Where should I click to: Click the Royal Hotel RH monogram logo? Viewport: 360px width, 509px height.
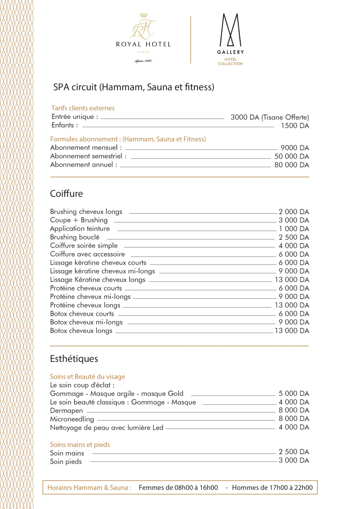click(x=143, y=29)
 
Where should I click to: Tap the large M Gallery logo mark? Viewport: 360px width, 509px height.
click(x=230, y=30)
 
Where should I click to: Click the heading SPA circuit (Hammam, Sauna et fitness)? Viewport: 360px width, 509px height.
click(x=134, y=87)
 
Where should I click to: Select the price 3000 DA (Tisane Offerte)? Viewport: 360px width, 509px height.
click(x=270, y=117)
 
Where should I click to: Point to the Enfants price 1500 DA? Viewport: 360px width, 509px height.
click(x=295, y=126)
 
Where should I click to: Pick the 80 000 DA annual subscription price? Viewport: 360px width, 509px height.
click(x=292, y=165)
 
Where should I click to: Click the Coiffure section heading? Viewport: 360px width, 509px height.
click(x=67, y=194)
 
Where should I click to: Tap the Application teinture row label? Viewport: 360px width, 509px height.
click(x=80, y=229)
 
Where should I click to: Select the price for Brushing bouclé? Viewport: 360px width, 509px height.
click(x=294, y=237)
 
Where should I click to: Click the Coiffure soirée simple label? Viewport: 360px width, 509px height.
click(x=84, y=246)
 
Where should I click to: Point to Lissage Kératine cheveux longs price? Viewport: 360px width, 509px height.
click(x=292, y=280)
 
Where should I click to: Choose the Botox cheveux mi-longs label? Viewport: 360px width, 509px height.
click(x=86, y=322)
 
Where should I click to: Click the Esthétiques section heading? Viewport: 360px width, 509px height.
click(x=74, y=359)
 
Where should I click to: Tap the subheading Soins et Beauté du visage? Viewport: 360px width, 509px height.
click(x=88, y=377)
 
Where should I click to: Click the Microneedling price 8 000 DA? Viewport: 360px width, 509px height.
click(x=294, y=419)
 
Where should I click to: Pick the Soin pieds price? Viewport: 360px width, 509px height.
click(x=294, y=460)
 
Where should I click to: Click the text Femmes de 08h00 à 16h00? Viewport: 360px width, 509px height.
click(x=178, y=488)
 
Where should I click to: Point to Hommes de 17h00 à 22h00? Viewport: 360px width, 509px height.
click(x=272, y=488)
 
